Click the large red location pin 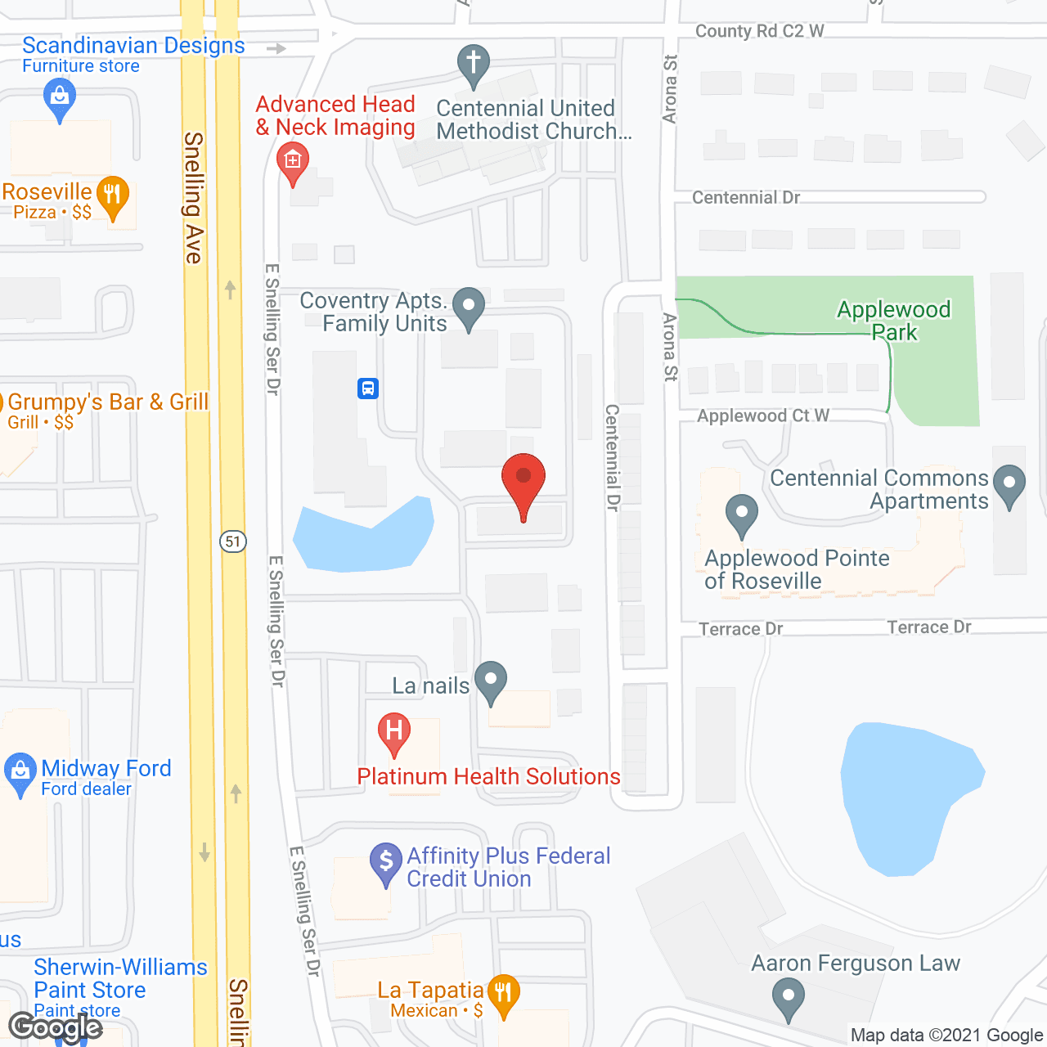coord(523,479)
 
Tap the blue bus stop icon coord(368,388)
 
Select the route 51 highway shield coord(233,541)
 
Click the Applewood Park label coord(893,321)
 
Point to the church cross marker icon coord(473,63)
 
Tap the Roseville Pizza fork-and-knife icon coord(113,195)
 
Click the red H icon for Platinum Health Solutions coord(394,730)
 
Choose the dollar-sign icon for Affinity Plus coord(386,861)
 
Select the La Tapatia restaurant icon coord(503,993)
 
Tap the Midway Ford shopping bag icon coord(20,771)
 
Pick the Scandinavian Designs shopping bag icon coord(59,97)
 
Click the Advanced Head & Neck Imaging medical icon coord(293,161)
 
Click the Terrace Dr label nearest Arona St coord(740,629)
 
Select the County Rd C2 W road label coord(759,31)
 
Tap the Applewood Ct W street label coord(762,416)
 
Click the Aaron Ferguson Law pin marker coord(789,998)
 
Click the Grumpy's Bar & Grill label coord(108,402)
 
